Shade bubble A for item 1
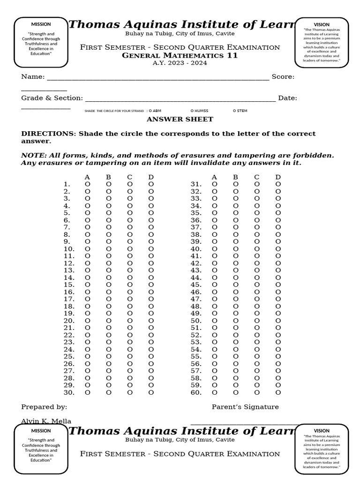pos(87,184)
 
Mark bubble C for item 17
pos(130,299)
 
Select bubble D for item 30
pos(151,392)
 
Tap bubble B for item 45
pos(236,285)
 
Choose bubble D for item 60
pos(278,392)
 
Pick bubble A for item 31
pos(215,184)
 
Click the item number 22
pos(69,335)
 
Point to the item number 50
pos(196,321)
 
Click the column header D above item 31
pos(278,177)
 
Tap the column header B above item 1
pos(108,177)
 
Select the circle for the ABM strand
pos(150,111)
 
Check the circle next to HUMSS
pos(192,111)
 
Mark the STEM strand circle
pos(234,111)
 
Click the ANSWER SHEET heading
pos(180,120)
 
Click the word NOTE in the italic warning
pos(31,155)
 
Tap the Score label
pos(283,77)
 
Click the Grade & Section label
pos(52,98)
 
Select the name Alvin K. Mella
pos(46,421)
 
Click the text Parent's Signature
pos(245,407)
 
